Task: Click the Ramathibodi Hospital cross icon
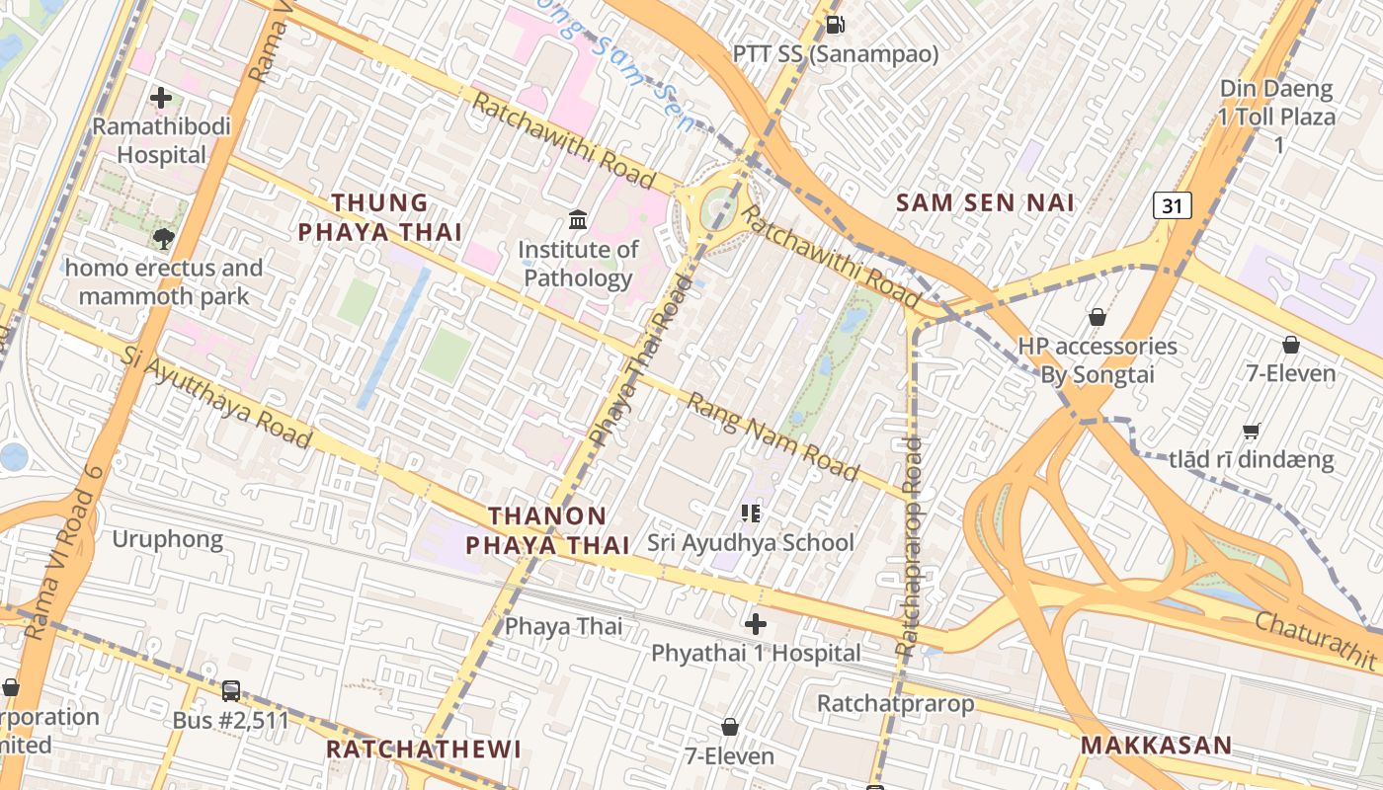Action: coord(161,98)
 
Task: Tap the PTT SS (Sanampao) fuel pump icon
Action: coord(835,25)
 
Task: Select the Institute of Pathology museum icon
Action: coord(578,218)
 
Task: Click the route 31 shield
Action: coord(1172,205)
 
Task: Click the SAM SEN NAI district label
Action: coord(985,203)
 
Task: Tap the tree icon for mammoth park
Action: coord(163,238)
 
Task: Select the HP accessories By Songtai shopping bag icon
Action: coord(1097,317)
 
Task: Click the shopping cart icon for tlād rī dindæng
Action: coord(1251,431)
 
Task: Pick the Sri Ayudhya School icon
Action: coord(751,513)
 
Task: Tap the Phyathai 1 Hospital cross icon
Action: coord(756,624)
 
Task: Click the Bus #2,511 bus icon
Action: coord(231,691)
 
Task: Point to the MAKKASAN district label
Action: coord(1156,746)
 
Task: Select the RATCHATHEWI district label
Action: coord(423,750)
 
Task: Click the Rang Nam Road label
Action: coord(773,436)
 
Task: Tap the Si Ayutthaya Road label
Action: coord(217,398)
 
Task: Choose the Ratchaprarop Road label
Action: coord(909,546)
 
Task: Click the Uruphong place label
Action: coord(167,539)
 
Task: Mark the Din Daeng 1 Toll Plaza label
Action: coord(1277,117)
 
